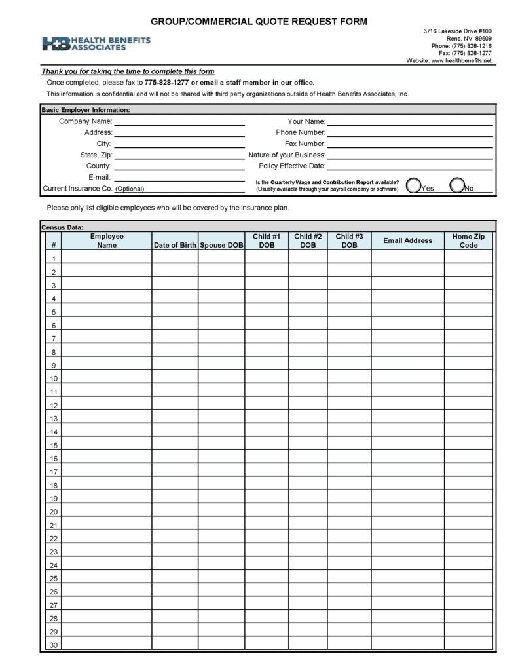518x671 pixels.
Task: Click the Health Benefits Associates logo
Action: [x=96, y=44]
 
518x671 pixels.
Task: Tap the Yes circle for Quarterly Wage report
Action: [x=414, y=185]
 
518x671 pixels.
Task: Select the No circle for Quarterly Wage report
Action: [x=458, y=185]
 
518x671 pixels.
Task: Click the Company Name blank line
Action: [x=179, y=121]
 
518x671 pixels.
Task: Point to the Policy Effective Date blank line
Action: [x=409, y=166]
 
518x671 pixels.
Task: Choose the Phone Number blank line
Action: [x=409, y=132]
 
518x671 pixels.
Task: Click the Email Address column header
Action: [x=407, y=240]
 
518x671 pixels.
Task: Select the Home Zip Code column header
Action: [x=468, y=240]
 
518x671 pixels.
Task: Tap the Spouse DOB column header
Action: [x=221, y=245]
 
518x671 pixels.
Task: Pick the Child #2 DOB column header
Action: [x=308, y=240]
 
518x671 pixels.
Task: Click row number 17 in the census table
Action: [x=54, y=472]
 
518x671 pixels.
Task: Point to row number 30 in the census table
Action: [x=54, y=645]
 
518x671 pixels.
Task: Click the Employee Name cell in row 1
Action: [x=107, y=258]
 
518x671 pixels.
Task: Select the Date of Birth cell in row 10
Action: [x=175, y=378]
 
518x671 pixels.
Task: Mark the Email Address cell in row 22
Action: [x=407, y=538]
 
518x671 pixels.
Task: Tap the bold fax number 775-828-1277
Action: [x=167, y=83]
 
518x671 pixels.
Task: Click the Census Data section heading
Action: [x=62, y=227]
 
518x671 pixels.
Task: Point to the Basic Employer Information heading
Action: [x=86, y=110]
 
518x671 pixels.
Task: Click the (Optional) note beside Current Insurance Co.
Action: [x=130, y=189]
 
